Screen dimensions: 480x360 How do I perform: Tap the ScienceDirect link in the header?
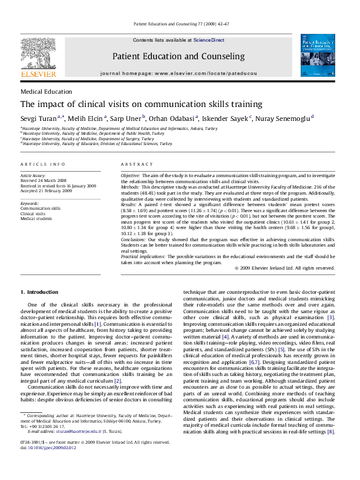209,40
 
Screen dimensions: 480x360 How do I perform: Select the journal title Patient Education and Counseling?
178,56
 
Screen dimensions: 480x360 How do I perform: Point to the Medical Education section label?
46,91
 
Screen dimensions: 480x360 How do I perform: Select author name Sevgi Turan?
39,118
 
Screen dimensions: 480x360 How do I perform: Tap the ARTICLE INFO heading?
42,164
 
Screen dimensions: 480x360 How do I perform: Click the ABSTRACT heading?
133,164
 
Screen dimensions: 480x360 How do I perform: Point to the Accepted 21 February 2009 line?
47,190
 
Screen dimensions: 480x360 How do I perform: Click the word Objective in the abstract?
131,174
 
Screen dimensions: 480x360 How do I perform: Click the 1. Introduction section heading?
39,293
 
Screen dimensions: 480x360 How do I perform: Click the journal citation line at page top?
180,25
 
